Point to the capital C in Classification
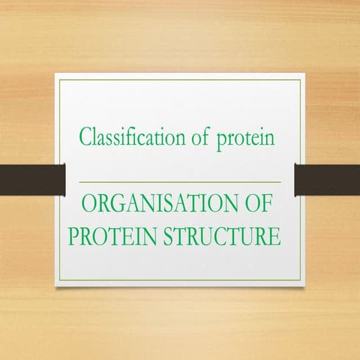(x=85, y=138)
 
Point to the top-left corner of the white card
(x=55, y=73)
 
